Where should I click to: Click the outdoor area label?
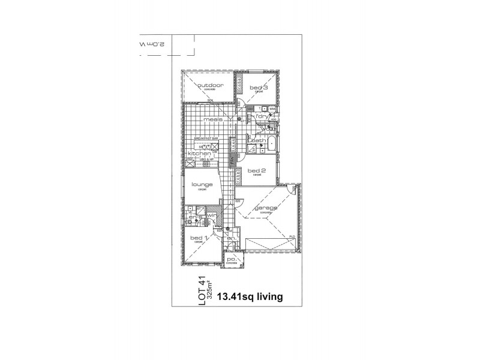point(211,86)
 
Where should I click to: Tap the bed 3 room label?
point(259,88)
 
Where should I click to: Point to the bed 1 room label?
point(199,238)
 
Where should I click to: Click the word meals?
point(213,119)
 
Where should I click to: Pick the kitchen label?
point(199,154)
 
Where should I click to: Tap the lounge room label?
point(202,184)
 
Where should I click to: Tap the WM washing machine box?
point(272,109)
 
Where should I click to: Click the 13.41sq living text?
point(251,296)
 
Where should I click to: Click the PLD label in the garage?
point(292,237)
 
